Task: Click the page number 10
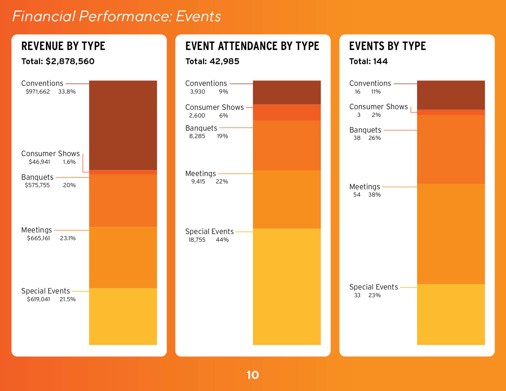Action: (253, 375)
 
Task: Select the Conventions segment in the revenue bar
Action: (123, 125)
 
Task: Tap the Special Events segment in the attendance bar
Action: (287, 286)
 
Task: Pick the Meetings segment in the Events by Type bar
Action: (451, 234)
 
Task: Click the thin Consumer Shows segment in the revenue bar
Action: (123, 172)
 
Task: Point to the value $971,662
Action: (38, 92)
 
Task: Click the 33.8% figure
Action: (67, 92)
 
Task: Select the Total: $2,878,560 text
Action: (58, 61)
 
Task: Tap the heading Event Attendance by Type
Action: (252, 46)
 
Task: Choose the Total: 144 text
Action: (368, 61)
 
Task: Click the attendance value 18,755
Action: (197, 240)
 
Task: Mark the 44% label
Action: (222, 240)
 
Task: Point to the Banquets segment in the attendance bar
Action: (287, 145)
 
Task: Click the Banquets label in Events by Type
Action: (365, 130)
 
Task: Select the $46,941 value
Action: (39, 162)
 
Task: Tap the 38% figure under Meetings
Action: (374, 195)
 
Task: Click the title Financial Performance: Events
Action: (117, 16)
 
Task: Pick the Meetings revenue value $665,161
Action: (38, 238)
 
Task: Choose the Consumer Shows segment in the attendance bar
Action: (287, 112)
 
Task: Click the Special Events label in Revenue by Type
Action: (45, 291)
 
